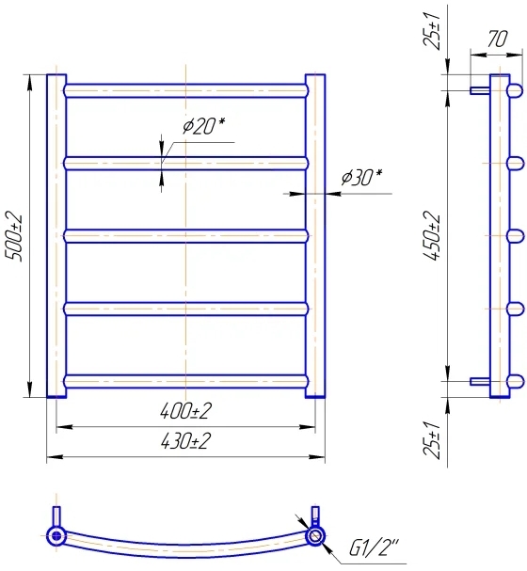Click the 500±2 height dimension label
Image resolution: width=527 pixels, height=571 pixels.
coord(13,236)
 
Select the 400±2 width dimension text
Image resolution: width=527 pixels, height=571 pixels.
coord(185,411)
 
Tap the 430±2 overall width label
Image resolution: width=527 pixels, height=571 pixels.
coord(185,441)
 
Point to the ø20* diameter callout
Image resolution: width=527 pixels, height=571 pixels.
coord(203,126)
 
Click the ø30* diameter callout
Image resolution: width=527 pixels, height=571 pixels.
coord(361,178)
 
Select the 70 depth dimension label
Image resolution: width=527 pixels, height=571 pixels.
coord(497,39)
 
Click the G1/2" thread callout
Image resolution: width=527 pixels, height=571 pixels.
coord(374,547)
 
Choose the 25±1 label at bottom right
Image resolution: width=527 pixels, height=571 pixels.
coord(433,439)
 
